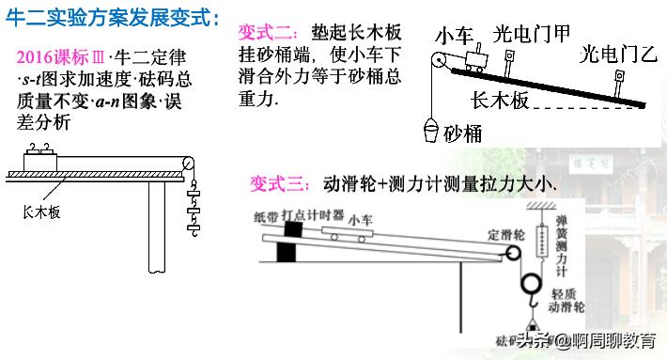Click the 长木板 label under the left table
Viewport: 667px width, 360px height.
(x=41, y=212)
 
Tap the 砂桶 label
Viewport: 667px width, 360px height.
(x=462, y=133)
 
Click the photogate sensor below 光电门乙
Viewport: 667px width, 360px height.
(x=621, y=81)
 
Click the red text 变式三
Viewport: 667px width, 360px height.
(x=273, y=183)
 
